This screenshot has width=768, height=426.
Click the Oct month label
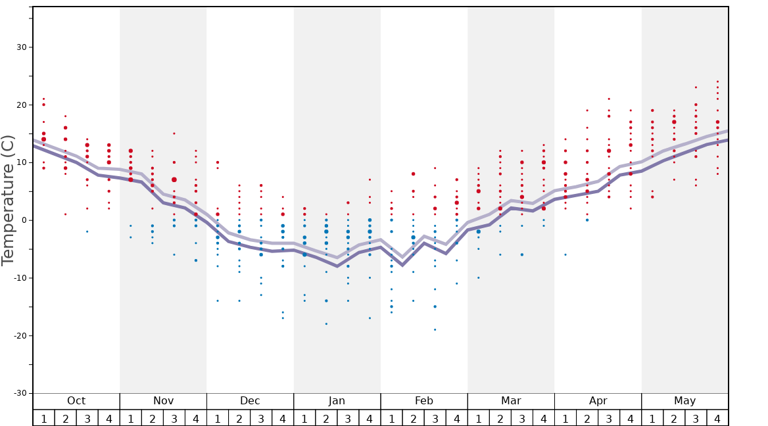(76, 401)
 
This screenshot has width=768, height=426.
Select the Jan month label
(337, 401)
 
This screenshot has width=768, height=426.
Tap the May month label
(684, 401)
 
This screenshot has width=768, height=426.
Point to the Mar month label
(511, 401)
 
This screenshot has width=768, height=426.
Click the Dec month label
(250, 401)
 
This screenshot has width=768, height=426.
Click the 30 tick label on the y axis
(22, 47)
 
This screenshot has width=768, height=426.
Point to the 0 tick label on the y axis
(24, 220)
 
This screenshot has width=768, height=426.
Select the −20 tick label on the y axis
(20, 336)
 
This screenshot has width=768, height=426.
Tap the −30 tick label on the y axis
(20, 393)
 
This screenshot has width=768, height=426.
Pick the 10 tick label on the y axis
(22, 162)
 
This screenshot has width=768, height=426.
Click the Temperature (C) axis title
(8, 200)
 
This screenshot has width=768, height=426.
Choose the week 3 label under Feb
(435, 418)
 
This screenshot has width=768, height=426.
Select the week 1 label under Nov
(130, 418)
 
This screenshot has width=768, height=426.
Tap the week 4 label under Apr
(630, 418)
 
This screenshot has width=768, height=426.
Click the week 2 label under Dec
(239, 418)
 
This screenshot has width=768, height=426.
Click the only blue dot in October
(87, 231)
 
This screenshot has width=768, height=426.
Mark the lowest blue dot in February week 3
(435, 329)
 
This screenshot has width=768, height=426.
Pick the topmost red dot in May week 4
(717, 82)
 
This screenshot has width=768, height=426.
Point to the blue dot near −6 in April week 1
(565, 254)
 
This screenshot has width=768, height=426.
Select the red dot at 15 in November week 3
(174, 133)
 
